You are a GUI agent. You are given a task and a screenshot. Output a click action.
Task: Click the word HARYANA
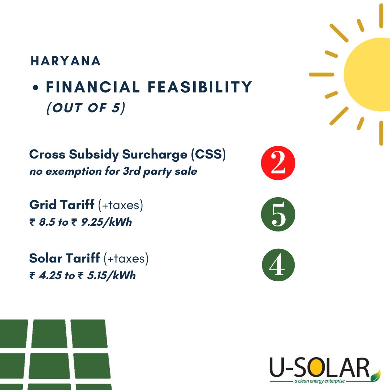pos(66,61)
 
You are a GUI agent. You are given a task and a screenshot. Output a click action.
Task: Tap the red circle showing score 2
pos(278,163)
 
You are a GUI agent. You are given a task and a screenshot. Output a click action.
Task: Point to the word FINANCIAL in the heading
pos(92,87)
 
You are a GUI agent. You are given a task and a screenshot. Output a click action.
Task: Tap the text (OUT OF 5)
pos(86,108)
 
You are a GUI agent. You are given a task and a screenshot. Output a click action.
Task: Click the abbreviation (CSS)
pos(208,155)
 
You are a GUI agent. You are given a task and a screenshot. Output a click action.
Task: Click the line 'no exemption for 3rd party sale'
pos(113,171)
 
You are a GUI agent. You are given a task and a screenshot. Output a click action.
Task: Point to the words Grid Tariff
pos(62,205)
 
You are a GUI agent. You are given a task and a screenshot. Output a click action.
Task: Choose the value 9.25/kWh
pos(107,222)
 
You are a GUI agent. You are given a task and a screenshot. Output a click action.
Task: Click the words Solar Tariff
pos(65,259)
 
